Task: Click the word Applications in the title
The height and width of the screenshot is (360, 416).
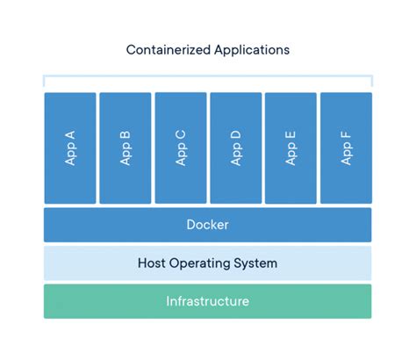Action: click(252, 50)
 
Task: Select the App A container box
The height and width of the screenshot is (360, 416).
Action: click(70, 148)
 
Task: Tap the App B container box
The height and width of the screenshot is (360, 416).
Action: click(126, 148)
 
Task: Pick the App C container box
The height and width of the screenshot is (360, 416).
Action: click(181, 148)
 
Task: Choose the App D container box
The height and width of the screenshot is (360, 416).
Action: click(235, 148)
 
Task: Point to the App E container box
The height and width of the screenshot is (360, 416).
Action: click(290, 148)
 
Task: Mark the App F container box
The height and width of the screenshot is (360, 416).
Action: click(346, 148)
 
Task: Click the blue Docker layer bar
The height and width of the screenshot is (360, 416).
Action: click(207, 225)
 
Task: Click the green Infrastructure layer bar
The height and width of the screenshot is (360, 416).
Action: click(207, 301)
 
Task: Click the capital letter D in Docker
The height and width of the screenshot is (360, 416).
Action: click(190, 225)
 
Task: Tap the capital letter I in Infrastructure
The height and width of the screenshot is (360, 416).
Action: click(168, 301)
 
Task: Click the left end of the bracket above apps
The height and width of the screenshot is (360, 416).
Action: click(45, 82)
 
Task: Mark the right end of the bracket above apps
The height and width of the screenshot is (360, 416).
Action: click(370, 82)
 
